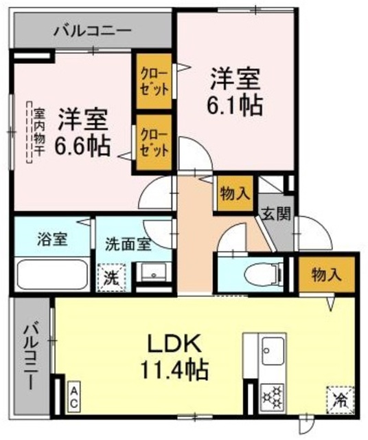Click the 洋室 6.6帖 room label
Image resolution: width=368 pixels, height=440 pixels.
[83, 133]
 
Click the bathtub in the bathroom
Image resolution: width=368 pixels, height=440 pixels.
[51, 274]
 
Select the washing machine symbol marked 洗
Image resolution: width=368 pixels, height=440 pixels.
[111, 277]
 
